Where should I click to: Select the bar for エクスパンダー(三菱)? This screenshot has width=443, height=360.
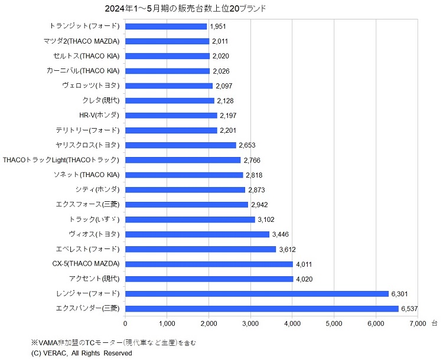[x=262, y=309]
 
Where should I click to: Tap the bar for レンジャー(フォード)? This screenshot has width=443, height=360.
[x=257, y=293]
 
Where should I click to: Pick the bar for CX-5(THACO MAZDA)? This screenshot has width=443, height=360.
[x=209, y=264]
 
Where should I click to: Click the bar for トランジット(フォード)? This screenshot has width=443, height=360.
[x=166, y=26]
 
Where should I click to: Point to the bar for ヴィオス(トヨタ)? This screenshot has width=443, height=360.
[x=197, y=234]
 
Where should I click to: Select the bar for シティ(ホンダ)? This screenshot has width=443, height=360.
[x=185, y=189]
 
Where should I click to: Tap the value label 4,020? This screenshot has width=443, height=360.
[x=305, y=279]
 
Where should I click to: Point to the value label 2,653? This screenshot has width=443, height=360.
[x=248, y=145]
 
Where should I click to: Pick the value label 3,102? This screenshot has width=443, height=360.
[x=267, y=220]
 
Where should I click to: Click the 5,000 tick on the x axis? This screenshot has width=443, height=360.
[x=334, y=323]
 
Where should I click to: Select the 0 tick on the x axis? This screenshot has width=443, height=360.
[x=125, y=323]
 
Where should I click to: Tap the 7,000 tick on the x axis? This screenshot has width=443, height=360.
[x=418, y=323]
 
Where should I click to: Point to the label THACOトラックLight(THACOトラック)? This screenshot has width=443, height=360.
[x=61, y=160]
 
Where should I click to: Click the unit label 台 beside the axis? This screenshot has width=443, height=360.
[x=434, y=323]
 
